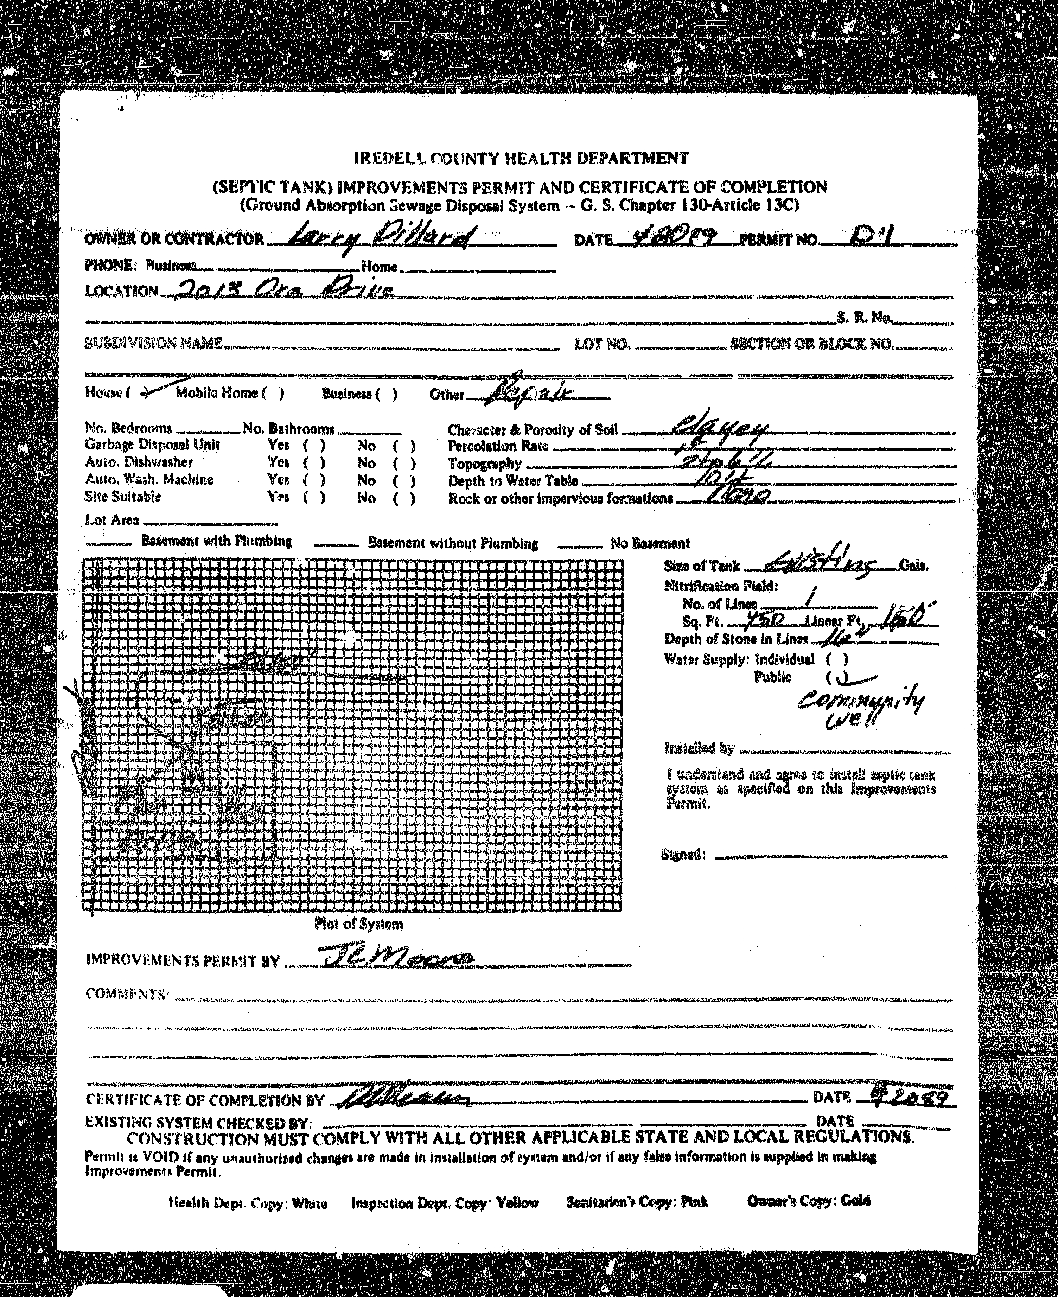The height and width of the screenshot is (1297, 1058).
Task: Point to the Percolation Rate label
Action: pos(498,447)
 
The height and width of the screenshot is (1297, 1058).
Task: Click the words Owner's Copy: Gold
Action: pos(809,1201)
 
